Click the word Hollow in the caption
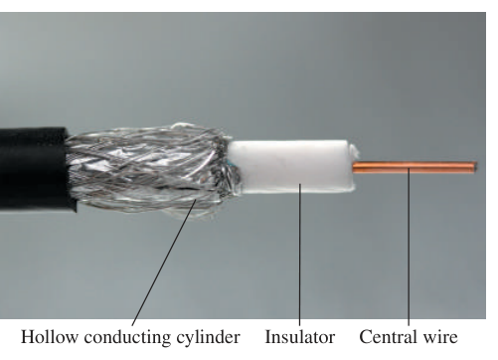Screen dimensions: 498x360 click(x=50, y=337)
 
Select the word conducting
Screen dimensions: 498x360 click(x=127, y=338)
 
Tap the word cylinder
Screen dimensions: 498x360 click(x=208, y=338)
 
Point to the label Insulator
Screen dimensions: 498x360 click(x=300, y=337)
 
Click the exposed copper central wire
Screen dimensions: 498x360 click(x=415, y=167)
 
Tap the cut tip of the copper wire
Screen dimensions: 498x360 click(x=475, y=167)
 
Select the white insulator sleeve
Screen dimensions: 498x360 click(x=291, y=167)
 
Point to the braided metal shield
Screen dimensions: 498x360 click(x=149, y=170)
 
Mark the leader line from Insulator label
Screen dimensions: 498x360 click(x=299, y=256)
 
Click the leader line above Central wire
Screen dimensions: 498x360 click(x=409, y=248)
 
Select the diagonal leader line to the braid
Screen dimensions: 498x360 click(x=163, y=263)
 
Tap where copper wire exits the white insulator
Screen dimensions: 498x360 click(x=353, y=167)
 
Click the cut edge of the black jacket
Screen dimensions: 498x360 click(x=71, y=169)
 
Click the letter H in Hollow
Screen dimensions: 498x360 click(x=28, y=337)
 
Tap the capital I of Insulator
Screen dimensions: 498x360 click(x=268, y=337)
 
